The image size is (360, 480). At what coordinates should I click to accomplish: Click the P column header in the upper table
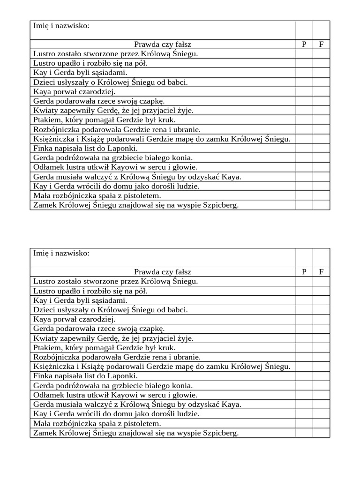[304, 45]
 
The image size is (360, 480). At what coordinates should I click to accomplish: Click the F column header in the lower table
[321, 272]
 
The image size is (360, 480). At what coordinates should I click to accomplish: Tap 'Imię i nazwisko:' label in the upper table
[61, 25]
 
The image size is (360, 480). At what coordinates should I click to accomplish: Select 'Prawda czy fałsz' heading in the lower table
[163, 272]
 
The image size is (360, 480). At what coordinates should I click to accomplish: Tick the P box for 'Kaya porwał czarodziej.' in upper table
[304, 91]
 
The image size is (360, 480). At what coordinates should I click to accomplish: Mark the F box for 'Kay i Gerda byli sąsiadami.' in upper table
[321, 73]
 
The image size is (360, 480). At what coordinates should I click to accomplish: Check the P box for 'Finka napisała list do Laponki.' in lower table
[304, 376]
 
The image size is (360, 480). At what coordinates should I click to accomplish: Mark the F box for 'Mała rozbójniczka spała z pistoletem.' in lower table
[321, 423]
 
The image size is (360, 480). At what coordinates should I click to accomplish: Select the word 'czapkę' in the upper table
[152, 101]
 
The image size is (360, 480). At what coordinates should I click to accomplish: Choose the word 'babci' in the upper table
[177, 82]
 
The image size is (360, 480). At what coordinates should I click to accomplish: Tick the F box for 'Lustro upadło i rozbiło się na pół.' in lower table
[321, 291]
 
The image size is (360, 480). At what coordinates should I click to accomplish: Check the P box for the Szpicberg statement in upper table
[304, 205]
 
